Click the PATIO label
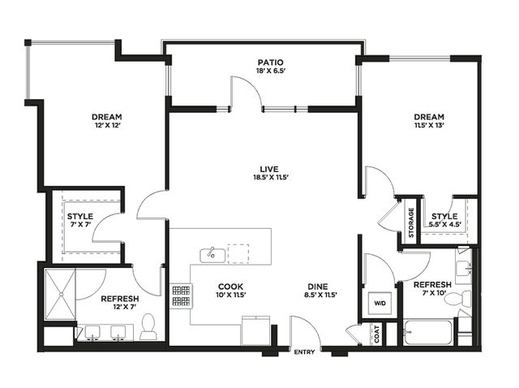click(x=271, y=63)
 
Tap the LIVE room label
click(x=268, y=169)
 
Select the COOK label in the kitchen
click(x=230, y=287)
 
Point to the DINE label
click(x=318, y=287)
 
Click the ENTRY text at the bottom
click(x=304, y=352)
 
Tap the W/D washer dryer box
click(x=380, y=304)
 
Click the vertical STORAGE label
click(x=411, y=222)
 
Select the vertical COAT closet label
click(x=376, y=334)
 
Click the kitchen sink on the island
click(x=212, y=255)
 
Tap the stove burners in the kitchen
click(x=181, y=295)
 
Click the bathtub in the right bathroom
click(x=427, y=332)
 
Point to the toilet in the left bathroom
click(x=148, y=326)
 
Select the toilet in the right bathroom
click(x=457, y=299)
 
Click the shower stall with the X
click(x=60, y=294)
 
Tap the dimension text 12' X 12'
click(x=106, y=125)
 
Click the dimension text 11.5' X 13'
click(x=429, y=125)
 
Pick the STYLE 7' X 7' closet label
click(x=80, y=220)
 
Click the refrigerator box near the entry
click(x=255, y=330)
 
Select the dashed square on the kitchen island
click(x=238, y=254)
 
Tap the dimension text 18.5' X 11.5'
click(x=271, y=177)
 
